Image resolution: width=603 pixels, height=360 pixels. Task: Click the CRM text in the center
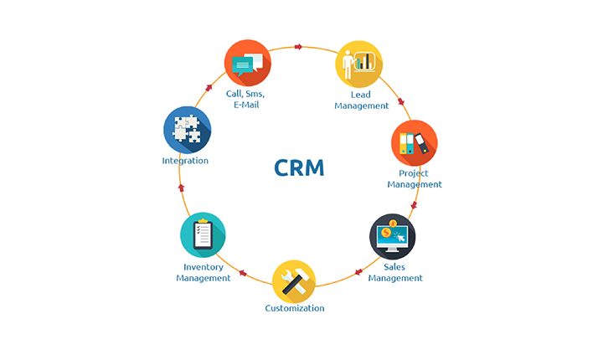coord(299,167)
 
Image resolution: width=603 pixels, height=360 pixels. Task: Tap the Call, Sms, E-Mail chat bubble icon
coord(248,63)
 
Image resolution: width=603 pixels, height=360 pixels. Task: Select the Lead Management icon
coord(359,64)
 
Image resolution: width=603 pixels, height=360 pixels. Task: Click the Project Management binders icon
coord(415,143)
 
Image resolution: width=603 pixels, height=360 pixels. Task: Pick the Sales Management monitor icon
coord(393,237)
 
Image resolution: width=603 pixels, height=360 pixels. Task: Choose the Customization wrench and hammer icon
coord(295,281)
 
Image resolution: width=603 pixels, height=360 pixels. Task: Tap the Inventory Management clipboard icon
coord(203,235)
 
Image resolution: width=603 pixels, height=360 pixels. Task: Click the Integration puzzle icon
coord(187,129)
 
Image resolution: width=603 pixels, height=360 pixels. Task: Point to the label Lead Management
coord(362,100)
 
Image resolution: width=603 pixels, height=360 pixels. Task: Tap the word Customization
coord(295,308)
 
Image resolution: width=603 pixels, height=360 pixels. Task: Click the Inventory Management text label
coord(204,273)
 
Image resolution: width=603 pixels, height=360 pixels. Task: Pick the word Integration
coord(185,161)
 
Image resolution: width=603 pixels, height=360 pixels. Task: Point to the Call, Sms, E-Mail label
coord(245,100)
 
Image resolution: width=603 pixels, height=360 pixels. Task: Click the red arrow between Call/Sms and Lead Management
coord(299,47)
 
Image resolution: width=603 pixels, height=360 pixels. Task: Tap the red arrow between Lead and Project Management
coord(400,102)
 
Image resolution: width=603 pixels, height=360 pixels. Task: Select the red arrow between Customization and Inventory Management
coord(243,273)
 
